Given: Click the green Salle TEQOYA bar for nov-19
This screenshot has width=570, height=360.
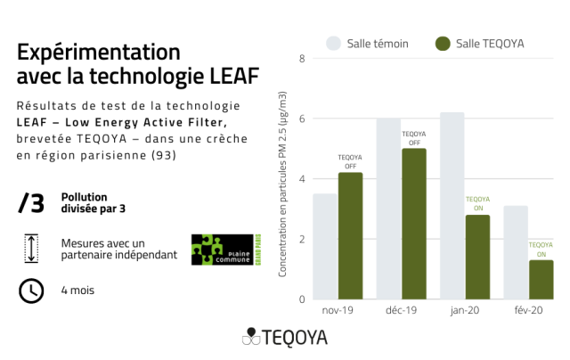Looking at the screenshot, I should (x=350, y=236).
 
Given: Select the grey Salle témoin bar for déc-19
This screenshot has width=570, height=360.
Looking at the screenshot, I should (x=388, y=209).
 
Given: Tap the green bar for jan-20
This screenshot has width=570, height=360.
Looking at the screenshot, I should (x=477, y=257).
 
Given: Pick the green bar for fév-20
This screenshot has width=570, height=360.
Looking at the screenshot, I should (x=541, y=279).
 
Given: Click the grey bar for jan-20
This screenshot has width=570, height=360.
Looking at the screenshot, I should (x=452, y=206).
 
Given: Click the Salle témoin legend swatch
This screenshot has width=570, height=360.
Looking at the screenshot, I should (x=335, y=43).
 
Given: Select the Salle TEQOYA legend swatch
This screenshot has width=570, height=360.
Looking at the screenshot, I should (x=443, y=43).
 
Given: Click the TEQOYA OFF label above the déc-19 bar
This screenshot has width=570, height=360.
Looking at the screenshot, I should (x=414, y=138).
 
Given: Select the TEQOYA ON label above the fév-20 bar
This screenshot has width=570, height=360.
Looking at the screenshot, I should (x=541, y=249).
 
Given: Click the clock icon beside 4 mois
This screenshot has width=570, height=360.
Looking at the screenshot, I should (x=30, y=290).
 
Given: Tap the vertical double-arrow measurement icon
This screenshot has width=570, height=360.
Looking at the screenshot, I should (x=30, y=249).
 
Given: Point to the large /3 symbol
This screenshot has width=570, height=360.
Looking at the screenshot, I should (x=30, y=203).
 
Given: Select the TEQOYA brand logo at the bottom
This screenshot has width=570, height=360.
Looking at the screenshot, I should (x=285, y=338).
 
